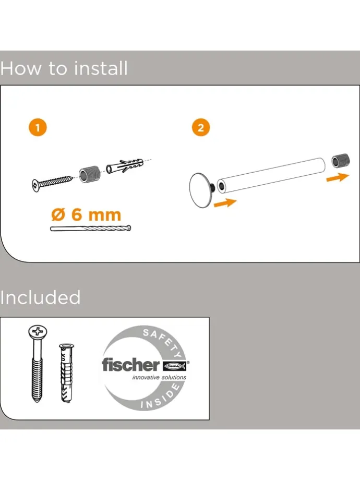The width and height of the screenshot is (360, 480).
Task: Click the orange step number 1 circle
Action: click(38, 127)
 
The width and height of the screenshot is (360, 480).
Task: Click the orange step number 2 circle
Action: click(201, 127)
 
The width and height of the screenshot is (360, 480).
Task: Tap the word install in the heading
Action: click(101, 68)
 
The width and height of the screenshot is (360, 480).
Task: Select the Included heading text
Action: click(40, 297)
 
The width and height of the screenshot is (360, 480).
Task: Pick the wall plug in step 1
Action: click(125, 166)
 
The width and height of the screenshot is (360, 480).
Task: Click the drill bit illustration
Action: click(91, 229)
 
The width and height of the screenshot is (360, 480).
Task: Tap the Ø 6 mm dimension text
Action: click(86, 214)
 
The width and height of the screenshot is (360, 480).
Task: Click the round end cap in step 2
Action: click(200, 190)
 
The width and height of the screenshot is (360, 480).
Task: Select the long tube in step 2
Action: click(271, 175)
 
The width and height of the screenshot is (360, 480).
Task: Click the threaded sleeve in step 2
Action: click(340, 161)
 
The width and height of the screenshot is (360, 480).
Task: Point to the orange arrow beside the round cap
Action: click(225, 203)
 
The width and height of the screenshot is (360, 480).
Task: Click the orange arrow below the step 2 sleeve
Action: click(338, 177)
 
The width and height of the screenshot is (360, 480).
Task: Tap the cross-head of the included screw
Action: click(38, 332)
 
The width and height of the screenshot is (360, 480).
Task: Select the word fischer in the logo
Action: click(131, 365)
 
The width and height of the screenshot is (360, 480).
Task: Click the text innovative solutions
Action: click(159, 377)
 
